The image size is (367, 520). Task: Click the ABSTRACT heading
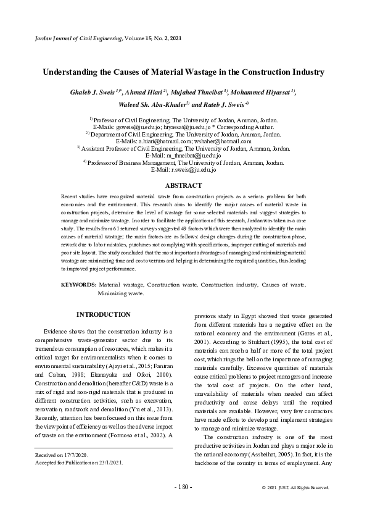pyautogui.click(x=183, y=186)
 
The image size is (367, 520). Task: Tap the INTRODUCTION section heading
pyautogui.click(x=103, y=315)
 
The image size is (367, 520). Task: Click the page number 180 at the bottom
pyautogui.click(x=183, y=487)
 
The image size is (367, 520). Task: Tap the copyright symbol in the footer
pyautogui.click(x=264, y=487)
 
